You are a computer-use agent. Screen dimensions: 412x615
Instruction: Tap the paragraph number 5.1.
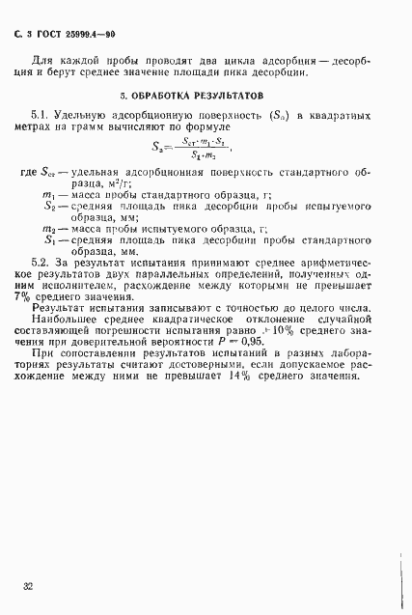point(41,116)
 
